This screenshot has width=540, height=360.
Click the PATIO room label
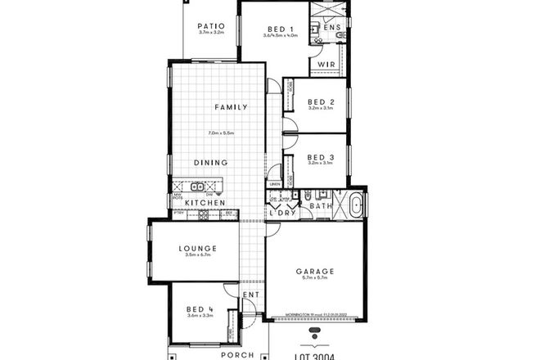(211, 26)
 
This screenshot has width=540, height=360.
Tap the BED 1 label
(279, 27)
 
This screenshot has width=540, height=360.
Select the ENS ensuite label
(331, 27)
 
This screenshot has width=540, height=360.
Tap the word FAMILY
(231, 107)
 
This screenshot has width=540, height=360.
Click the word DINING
(210, 162)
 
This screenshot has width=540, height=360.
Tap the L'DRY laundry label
(282, 214)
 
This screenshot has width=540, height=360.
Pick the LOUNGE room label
(199, 248)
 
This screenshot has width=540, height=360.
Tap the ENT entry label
(250, 295)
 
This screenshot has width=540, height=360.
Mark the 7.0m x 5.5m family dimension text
(222, 133)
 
